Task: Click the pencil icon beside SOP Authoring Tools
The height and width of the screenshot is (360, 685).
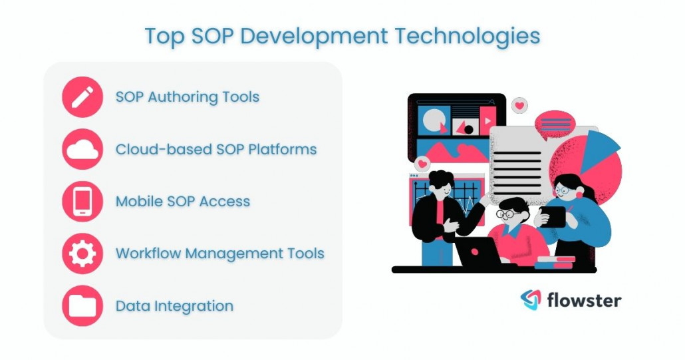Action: point(82,97)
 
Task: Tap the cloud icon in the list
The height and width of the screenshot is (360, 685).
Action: point(82,150)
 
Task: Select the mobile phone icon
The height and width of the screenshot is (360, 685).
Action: point(82,202)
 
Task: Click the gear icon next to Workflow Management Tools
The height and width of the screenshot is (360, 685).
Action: point(82,254)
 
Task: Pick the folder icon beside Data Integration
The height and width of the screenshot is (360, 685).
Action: point(82,306)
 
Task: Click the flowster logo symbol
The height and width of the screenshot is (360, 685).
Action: point(531,300)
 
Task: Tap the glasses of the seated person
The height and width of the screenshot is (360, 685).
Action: point(506,214)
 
